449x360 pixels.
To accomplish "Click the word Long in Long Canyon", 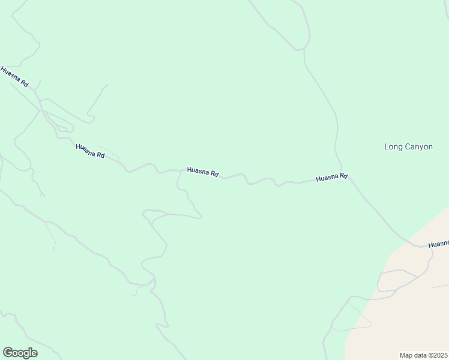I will [x=393, y=146].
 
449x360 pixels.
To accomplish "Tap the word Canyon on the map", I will [x=418, y=146].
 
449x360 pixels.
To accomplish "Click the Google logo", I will [x=20, y=353].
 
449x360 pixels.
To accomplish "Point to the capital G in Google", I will [x=8, y=352].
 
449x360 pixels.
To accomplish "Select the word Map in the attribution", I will [x=406, y=355].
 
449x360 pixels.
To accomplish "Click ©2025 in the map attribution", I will [x=436, y=355].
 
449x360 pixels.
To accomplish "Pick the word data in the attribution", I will [x=420, y=355].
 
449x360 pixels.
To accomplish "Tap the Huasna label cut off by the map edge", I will [x=438, y=244].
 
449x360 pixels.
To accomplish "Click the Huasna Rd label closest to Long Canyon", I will [x=332, y=178].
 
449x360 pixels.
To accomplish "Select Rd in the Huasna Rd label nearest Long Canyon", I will [x=343, y=176].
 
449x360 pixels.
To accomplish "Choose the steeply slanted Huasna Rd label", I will [x=14, y=77].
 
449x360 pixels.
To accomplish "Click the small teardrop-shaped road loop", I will [x=63, y=127].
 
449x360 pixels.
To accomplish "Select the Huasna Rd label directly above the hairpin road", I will [x=203, y=172].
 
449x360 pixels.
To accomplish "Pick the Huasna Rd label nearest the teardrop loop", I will [x=90, y=151].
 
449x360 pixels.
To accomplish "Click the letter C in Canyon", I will [x=409, y=146].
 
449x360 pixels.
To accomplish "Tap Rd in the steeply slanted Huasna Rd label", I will [x=25, y=84].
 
